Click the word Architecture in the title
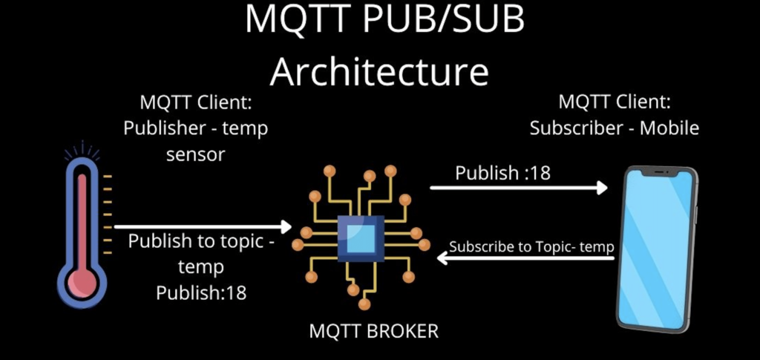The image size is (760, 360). [379, 72]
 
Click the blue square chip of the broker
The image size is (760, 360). [361, 238]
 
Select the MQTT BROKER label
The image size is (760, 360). [373, 331]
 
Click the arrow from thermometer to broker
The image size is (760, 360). [203, 227]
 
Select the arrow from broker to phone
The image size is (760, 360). [519, 188]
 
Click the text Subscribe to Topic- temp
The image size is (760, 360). [532, 246]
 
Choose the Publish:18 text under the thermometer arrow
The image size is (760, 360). [201, 292]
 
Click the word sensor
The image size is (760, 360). [196, 154]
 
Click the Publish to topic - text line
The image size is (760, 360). [201, 242]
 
